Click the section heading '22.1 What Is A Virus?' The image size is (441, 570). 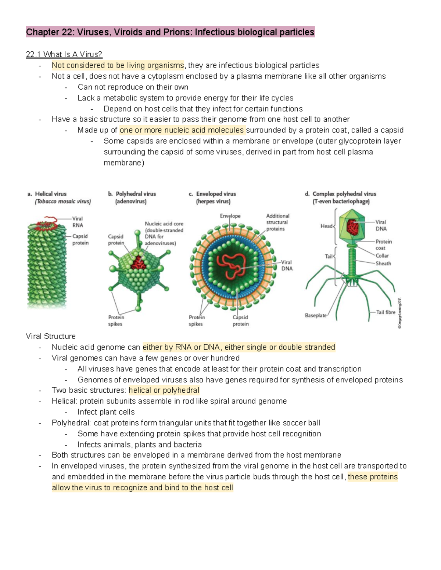(64, 54)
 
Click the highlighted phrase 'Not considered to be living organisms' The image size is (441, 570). (118, 65)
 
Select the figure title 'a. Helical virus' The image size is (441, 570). (47, 194)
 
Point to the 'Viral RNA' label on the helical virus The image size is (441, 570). (78, 222)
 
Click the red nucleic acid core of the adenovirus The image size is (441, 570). (139, 263)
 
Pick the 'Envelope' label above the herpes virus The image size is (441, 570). (230, 216)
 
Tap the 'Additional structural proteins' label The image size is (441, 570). (277, 222)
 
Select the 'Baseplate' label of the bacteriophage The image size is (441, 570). (316, 315)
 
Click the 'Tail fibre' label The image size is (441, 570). (386, 312)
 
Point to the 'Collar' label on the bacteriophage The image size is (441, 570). (382, 255)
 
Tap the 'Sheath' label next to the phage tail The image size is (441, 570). (383, 263)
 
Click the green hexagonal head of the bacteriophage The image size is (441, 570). (352, 228)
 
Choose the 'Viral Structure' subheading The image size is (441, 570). (51, 336)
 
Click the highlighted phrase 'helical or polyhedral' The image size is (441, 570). (164, 390)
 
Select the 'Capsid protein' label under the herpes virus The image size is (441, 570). (240, 320)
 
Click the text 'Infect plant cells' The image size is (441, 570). (106, 412)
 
